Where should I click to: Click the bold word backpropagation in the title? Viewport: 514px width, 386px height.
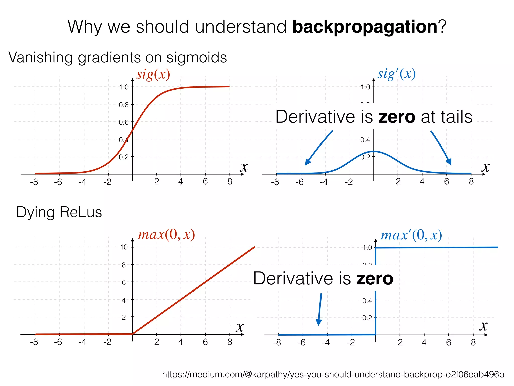[365, 27]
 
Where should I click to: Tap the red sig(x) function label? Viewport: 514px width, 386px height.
[153, 74]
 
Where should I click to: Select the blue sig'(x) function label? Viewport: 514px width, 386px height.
[397, 74]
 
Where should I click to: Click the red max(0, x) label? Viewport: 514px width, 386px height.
[166, 235]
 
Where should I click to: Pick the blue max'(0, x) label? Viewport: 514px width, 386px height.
[411, 235]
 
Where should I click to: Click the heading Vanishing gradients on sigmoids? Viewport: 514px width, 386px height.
[117, 57]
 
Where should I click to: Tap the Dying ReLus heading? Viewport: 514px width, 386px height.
[59, 212]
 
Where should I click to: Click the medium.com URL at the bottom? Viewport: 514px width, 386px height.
[333, 374]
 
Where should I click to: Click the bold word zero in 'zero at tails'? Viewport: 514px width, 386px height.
[397, 117]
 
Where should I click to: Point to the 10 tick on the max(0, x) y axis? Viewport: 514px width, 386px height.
[124, 247]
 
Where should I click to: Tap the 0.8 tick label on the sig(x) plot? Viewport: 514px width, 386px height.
[123, 105]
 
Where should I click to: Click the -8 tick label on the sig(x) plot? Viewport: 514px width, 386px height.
[34, 182]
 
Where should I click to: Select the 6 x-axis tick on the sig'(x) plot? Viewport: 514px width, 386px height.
[446, 182]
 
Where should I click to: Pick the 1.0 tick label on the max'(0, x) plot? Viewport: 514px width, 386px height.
[367, 248]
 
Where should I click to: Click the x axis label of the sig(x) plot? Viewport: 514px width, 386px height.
[244, 167]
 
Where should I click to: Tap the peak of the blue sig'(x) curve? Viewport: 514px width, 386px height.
[374, 151]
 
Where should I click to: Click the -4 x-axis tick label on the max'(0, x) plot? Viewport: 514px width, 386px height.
[326, 342]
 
